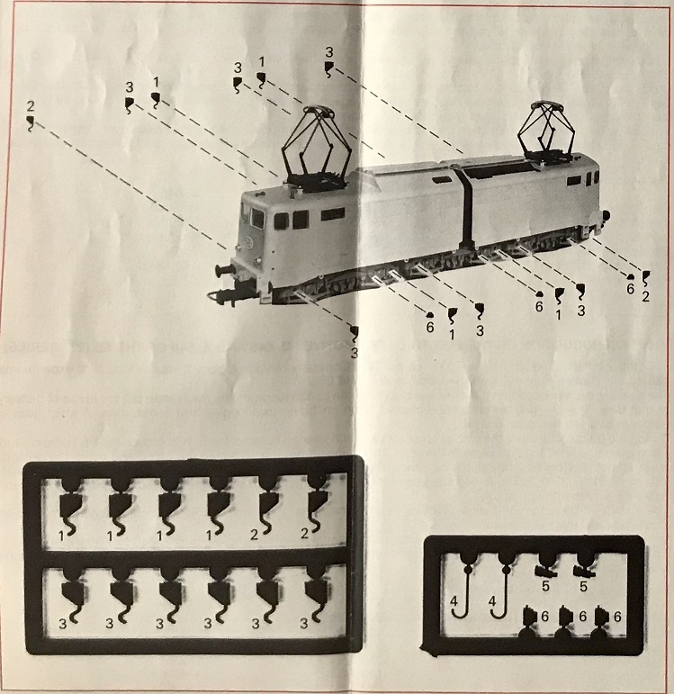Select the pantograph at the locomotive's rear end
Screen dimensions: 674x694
pos(548,132)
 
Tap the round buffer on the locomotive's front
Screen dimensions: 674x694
pos(223,270)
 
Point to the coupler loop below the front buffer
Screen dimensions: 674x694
pos(221,295)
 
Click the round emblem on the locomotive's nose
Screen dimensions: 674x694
pos(248,241)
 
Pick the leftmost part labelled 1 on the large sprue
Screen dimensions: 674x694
pos(70,506)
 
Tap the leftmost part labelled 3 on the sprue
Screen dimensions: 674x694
pos(73,595)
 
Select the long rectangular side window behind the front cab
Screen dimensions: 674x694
pos(333,214)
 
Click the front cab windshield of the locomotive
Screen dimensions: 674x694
pos(257,219)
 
